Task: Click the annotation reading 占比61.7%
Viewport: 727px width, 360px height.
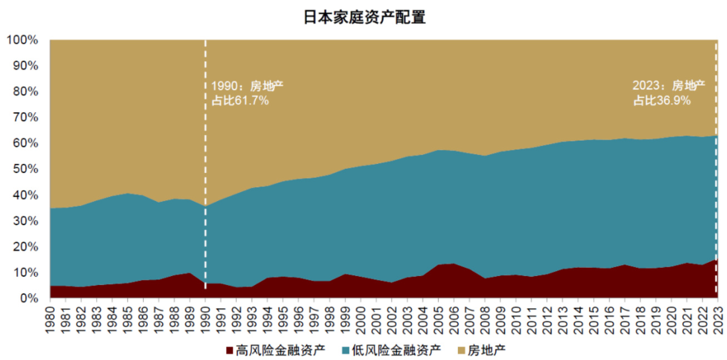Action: pos(240,101)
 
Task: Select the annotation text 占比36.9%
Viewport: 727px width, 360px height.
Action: pos(662,101)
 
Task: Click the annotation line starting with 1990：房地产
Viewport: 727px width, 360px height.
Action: pos(248,86)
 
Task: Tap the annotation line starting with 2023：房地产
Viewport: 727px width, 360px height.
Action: pos(669,86)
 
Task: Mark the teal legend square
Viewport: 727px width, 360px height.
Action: pos(346,350)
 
